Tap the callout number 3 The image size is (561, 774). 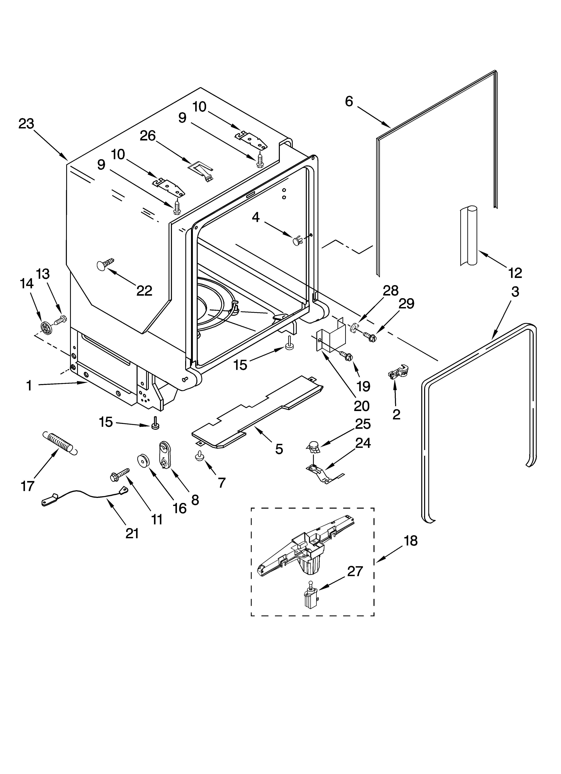[x=515, y=292]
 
